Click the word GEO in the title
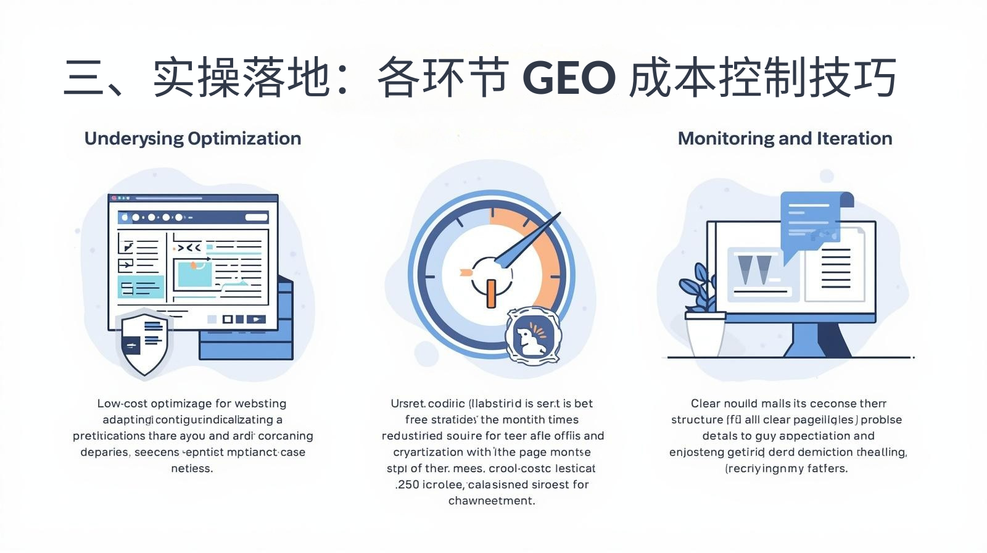click(569, 78)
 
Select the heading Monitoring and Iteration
click(785, 138)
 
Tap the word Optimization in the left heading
click(244, 138)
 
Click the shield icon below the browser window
click(144, 343)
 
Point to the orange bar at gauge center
click(491, 293)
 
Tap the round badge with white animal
click(533, 335)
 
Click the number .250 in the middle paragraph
click(407, 484)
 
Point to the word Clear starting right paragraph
click(705, 404)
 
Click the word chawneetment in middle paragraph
click(491, 501)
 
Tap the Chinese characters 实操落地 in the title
click(242, 78)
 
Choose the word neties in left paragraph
click(191, 468)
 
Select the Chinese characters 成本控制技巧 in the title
click(762, 78)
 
